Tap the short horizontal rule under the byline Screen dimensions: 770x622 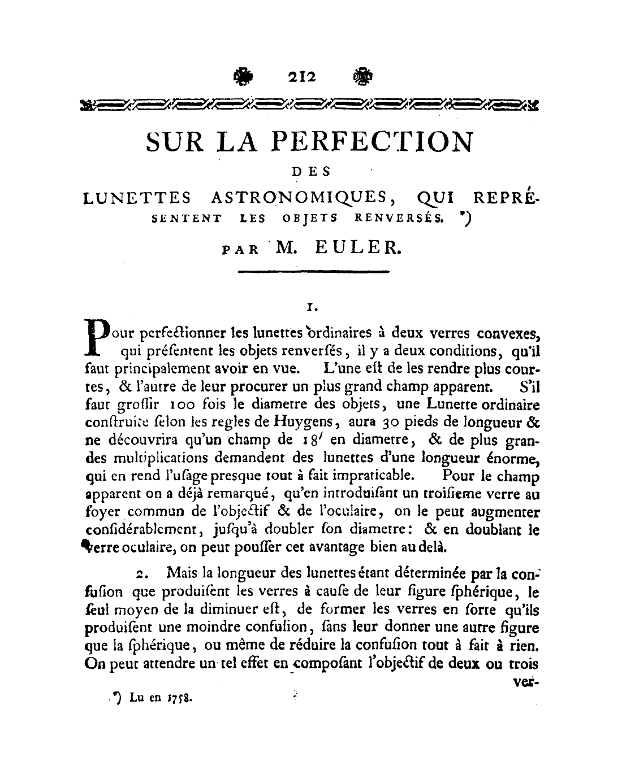point(314,273)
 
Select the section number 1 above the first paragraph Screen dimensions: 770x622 point(309,308)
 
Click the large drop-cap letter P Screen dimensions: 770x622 point(97,337)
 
